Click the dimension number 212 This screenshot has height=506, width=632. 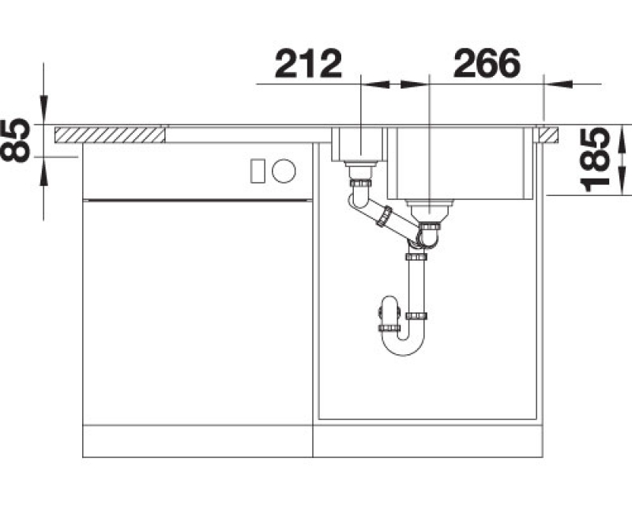(308, 63)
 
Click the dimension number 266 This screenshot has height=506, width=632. (487, 63)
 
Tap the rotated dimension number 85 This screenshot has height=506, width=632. (16, 141)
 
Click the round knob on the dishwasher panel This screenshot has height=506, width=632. (284, 171)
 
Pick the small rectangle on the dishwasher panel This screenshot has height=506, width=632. (258, 171)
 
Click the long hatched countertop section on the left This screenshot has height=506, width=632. (110, 134)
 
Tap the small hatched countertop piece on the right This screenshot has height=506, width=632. (549, 134)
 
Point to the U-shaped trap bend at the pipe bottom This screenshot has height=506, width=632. (404, 343)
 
